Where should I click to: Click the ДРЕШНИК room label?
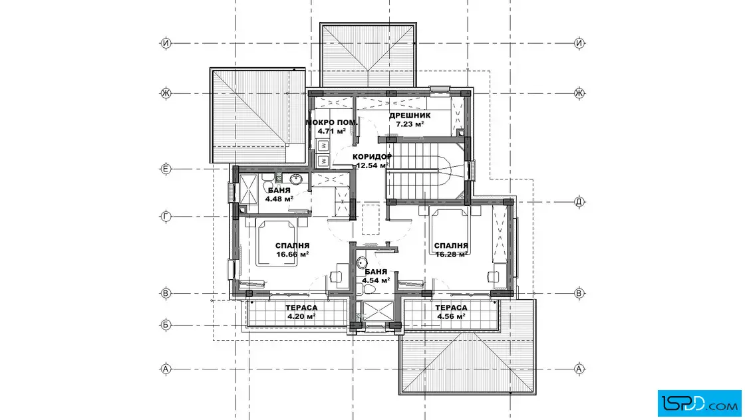pyautogui.click(x=410, y=116)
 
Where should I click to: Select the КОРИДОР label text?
pyautogui.click(x=372, y=157)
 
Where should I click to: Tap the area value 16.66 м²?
pyautogui.click(x=293, y=255)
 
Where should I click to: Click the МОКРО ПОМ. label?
pyautogui.click(x=332, y=122)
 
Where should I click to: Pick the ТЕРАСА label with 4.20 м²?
pyautogui.click(x=301, y=308)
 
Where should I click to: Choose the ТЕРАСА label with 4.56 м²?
pyautogui.click(x=452, y=308)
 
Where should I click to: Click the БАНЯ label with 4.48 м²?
pyautogui.click(x=279, y=190)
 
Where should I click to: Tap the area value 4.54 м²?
pyautogui.click(x=376, y=280)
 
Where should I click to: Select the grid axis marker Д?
pyautogui.click(x=579, y=202)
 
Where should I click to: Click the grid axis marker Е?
pyautogui.click(x=166, y=169)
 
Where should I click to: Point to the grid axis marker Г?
pyautogui.click(x=166, y=217)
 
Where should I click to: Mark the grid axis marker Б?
pyautogui.click(x=166, y=325)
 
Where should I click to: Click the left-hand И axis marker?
pyautogui.click(x=166, y=43)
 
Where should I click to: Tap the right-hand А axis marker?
pyautogui.click(x=579, y=369)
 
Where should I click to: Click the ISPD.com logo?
pyautogui.click(x=699, y=403)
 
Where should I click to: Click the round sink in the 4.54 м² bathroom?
pyautogui.click(x=362, y=262)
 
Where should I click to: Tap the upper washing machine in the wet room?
pyautogui.click(x=323, y=146)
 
